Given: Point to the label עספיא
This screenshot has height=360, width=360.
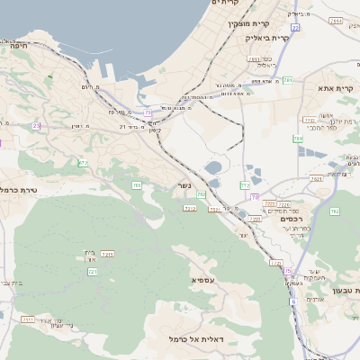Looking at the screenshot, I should click(203, 280).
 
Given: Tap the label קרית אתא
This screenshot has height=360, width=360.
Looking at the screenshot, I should click(338, 88).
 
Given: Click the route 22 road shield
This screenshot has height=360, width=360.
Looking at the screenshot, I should click(294, 28).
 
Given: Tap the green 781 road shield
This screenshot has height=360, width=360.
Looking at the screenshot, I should click(287, 81).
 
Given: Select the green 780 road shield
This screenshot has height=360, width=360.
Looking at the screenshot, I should click(297, 139).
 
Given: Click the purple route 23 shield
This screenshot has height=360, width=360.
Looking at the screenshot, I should click(36, 126).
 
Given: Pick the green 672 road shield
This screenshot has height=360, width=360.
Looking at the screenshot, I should click(84, 163).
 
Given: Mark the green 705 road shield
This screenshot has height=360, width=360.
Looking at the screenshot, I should click(137, 185).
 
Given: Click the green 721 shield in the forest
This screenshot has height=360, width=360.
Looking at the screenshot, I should click(92, 271).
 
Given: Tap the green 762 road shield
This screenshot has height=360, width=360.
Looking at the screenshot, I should click(334, 211).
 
